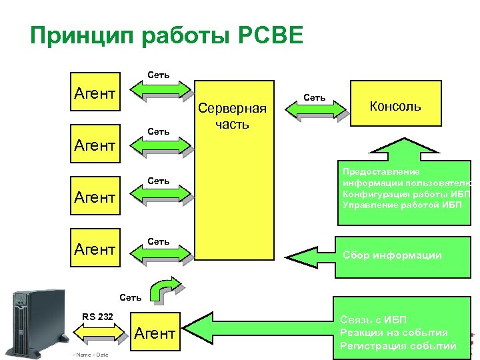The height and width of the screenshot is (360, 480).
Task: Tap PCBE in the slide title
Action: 269,35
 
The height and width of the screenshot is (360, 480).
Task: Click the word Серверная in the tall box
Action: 232,109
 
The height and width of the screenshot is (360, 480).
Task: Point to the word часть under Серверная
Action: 232,124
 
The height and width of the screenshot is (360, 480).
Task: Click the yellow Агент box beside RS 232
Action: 155,333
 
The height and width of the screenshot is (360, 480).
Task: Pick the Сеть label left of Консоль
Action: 314,97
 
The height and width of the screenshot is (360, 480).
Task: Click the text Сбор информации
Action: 392,255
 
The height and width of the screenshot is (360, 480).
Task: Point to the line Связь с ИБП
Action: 373,319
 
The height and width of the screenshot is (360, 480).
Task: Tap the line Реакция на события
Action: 393,332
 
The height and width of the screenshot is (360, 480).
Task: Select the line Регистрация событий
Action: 398,345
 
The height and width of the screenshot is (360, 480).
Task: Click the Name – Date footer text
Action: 93,354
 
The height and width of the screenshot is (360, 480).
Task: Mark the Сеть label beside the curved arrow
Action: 131,297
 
